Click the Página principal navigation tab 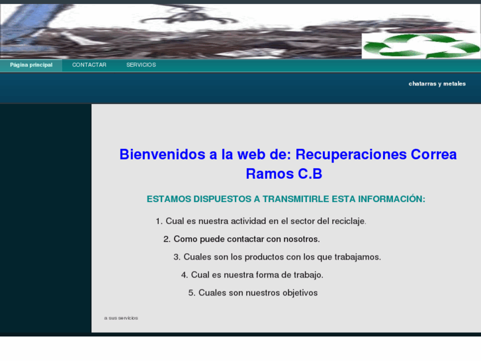(31, 65)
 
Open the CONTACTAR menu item (89, 65)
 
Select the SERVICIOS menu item (141, 65)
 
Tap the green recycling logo (420, 46)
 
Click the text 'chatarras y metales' (437, 84)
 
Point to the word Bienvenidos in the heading (162, 154)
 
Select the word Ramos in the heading (268, 174)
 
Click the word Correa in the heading (434, 154)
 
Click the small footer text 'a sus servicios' (121, 318)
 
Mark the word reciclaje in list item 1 (345, 221)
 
